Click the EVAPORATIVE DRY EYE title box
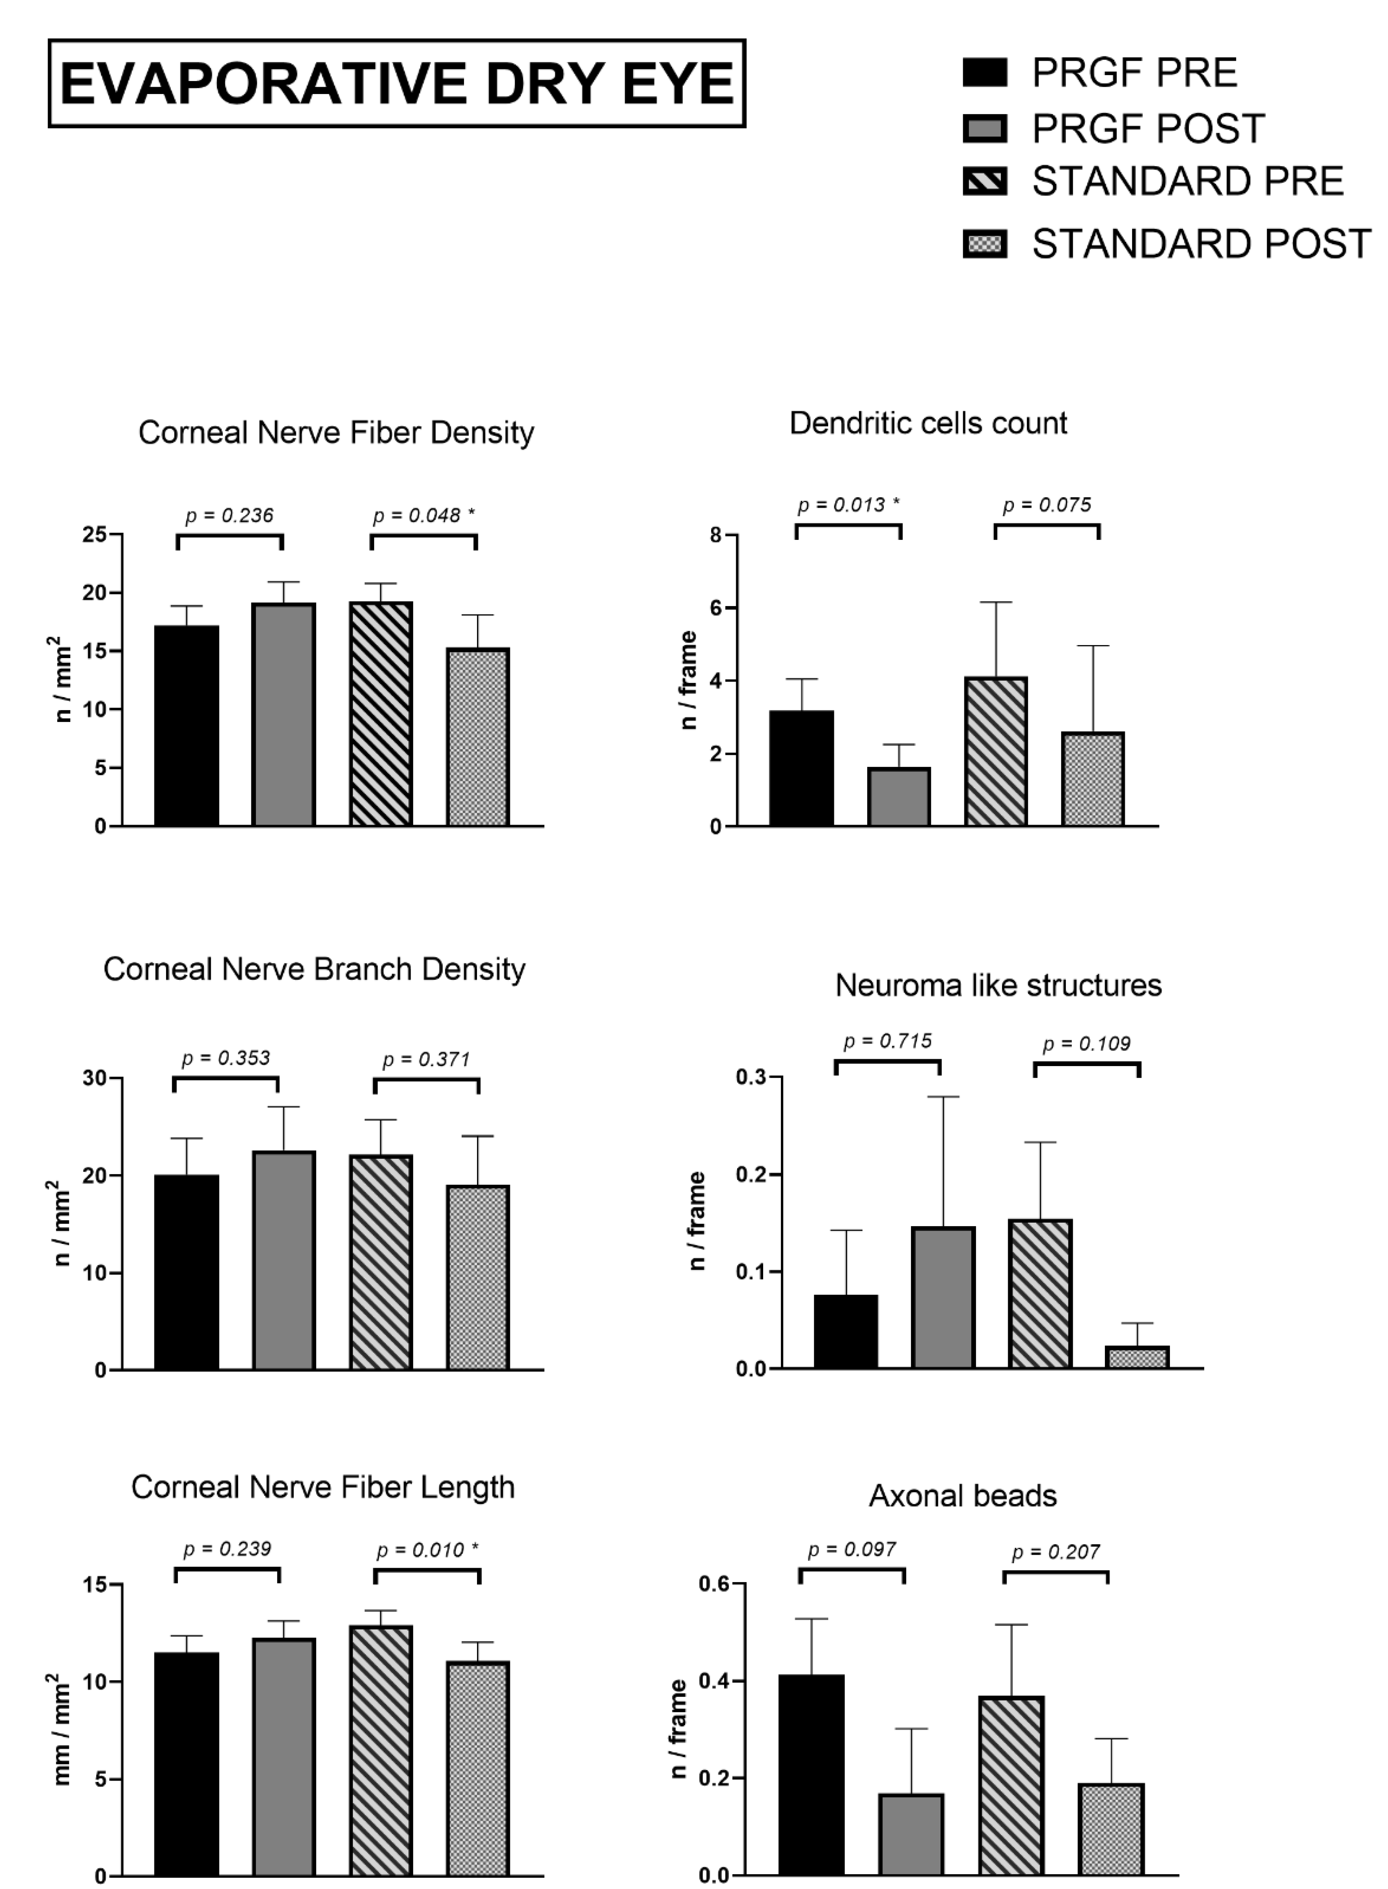(397, 83)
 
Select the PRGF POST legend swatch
(985, 128)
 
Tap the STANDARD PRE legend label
(1187, 181)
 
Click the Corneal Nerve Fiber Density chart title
(336, 433)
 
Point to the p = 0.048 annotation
(424, 515)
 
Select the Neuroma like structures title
(998, 985)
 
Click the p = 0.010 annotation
(427, 1550)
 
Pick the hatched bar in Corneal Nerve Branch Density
(381, 1262)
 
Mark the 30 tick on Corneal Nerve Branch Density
(94, 1078)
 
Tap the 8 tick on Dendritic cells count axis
(716, 535)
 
